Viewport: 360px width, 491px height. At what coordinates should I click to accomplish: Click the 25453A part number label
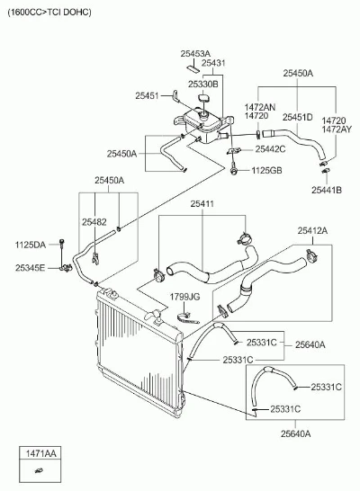pos(195,54)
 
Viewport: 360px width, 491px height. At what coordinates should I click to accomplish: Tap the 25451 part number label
pos(147,95)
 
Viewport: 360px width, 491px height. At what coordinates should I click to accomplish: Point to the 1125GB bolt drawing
pos(233,168)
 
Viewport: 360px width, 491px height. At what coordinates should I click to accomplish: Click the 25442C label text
pos(270,149)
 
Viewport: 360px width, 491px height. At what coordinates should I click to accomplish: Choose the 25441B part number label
pos(327,190)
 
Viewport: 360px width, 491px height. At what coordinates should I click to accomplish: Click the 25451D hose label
pos(298,117)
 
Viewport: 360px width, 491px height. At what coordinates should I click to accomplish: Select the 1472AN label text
pos(260,107)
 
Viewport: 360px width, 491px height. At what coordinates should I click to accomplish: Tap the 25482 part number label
pos(94,222)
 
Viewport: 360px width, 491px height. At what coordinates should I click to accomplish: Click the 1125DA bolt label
pos(30,245)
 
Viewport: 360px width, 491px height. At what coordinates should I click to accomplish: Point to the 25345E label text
pos(30,268)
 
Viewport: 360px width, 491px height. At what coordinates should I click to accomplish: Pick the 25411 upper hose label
pos(202,204)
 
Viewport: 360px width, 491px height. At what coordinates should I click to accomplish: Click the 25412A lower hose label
pos(312,231)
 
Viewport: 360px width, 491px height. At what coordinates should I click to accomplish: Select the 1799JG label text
pos(184,297)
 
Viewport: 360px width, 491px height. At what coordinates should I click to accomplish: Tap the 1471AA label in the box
pos(40,453)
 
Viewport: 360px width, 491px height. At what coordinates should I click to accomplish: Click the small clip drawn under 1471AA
pos(40,470)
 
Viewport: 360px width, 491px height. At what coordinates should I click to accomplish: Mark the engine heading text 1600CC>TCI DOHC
pos(49,13)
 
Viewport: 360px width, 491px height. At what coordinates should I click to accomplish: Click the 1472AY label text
pos(337,129)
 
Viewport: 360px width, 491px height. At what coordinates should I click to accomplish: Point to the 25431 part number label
pos(213,63)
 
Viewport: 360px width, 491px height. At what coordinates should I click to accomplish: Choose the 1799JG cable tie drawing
pos(187,317)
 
